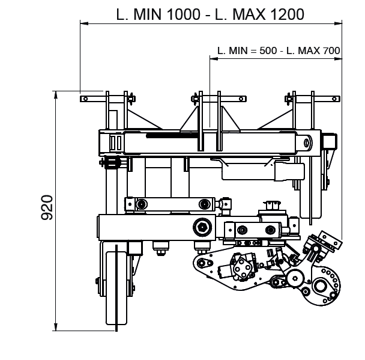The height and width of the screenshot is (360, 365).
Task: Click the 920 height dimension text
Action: pos(47,207)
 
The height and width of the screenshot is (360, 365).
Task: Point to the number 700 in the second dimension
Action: pos(332,50)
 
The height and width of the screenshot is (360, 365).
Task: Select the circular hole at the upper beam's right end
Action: pos(307,142)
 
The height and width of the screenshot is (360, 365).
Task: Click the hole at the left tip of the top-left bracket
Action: pos(85,99)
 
